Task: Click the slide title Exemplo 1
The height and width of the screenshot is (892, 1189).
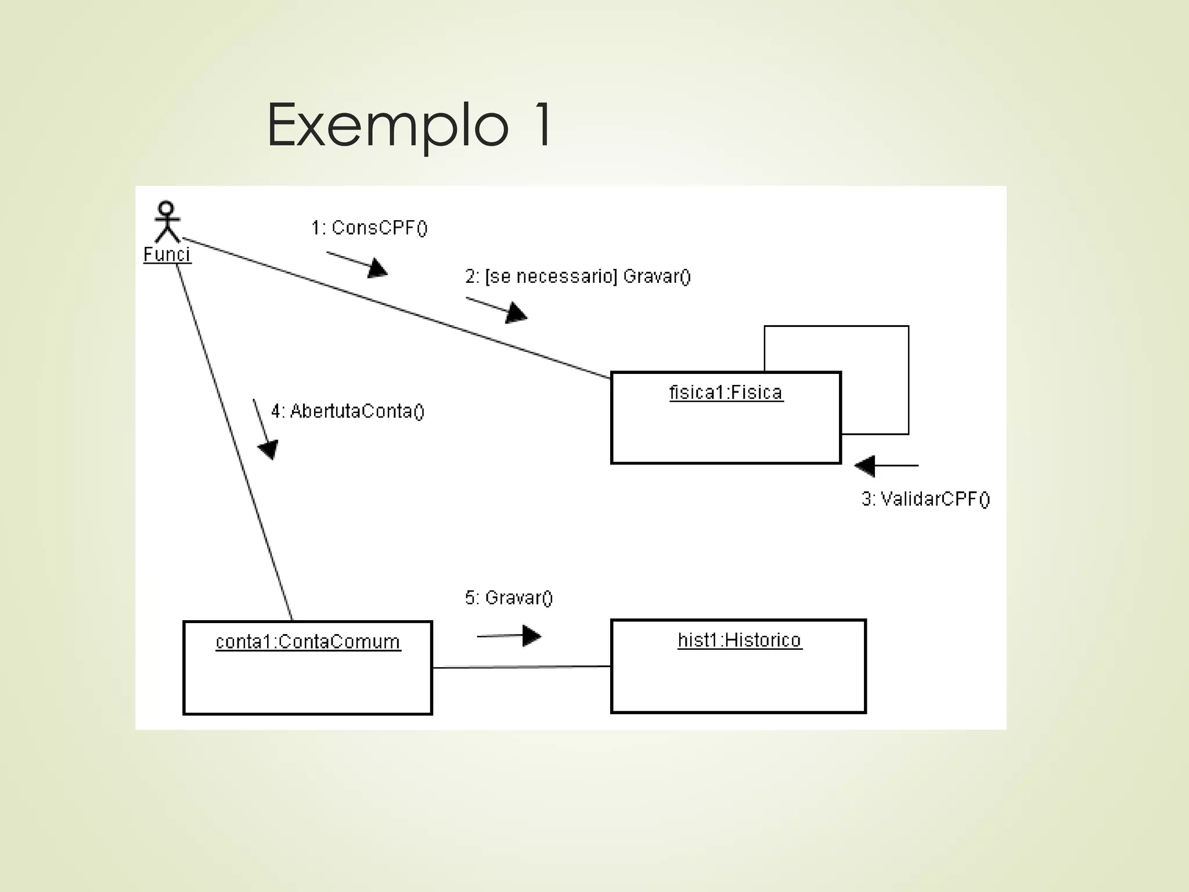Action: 409,125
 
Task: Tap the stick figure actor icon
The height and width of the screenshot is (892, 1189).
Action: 167,222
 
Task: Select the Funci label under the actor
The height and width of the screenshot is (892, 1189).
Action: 167,254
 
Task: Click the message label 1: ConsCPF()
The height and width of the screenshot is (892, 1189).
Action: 369,228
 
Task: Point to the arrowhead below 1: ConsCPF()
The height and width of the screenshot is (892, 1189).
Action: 377,269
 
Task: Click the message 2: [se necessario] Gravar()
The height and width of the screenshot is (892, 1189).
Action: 578,276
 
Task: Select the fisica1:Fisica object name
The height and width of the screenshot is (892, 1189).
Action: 726,393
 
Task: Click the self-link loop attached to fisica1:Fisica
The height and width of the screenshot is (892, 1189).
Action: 908,377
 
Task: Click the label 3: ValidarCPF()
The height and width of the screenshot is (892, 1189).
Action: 925,499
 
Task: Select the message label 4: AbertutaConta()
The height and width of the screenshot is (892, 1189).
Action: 348,411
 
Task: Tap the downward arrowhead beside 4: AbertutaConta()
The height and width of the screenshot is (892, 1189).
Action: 269,449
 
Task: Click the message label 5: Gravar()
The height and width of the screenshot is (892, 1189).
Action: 509,598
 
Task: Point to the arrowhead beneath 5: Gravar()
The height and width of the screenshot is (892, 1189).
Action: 531,636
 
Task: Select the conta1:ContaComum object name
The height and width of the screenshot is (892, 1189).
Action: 308,642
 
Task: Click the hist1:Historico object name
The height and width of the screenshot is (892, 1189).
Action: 739,640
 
